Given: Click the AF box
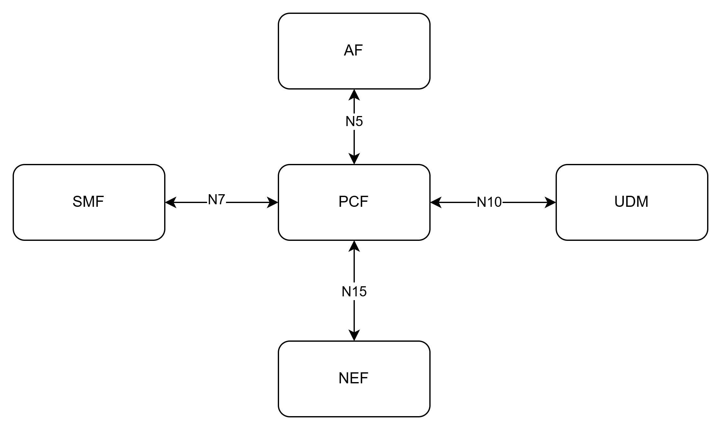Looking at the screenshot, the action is [x=354, y=51].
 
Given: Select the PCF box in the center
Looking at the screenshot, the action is [x=354, y=202].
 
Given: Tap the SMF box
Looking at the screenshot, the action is [x=89, y=202].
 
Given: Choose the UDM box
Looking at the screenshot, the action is [x=632, y=202].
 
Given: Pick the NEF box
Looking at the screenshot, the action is [x=354, y=379].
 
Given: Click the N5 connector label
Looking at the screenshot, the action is [x=354, y=121].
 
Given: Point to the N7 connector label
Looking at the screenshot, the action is [x=217, y=200].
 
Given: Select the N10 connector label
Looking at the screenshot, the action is [x=489, y=202].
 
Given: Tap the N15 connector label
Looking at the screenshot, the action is [x=354, y=292].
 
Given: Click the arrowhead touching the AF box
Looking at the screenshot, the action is [x=354, y=95].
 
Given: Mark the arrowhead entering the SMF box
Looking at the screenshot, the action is [x=171, y=202].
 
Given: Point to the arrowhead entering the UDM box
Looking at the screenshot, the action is [x=550, y=202].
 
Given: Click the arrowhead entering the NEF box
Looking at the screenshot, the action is [x=354, y=335].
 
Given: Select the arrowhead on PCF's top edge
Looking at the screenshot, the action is [x=354, y=159].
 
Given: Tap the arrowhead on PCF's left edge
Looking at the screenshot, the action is [x=272, y=202].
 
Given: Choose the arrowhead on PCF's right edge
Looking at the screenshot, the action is [x=436, y=202].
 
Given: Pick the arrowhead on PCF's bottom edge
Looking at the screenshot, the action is [x=354, y=246].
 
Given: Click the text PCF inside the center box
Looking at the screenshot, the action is [x=353, y=202].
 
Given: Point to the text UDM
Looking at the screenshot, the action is [x=631, y=202].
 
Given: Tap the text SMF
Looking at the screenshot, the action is [x=88, y=202].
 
